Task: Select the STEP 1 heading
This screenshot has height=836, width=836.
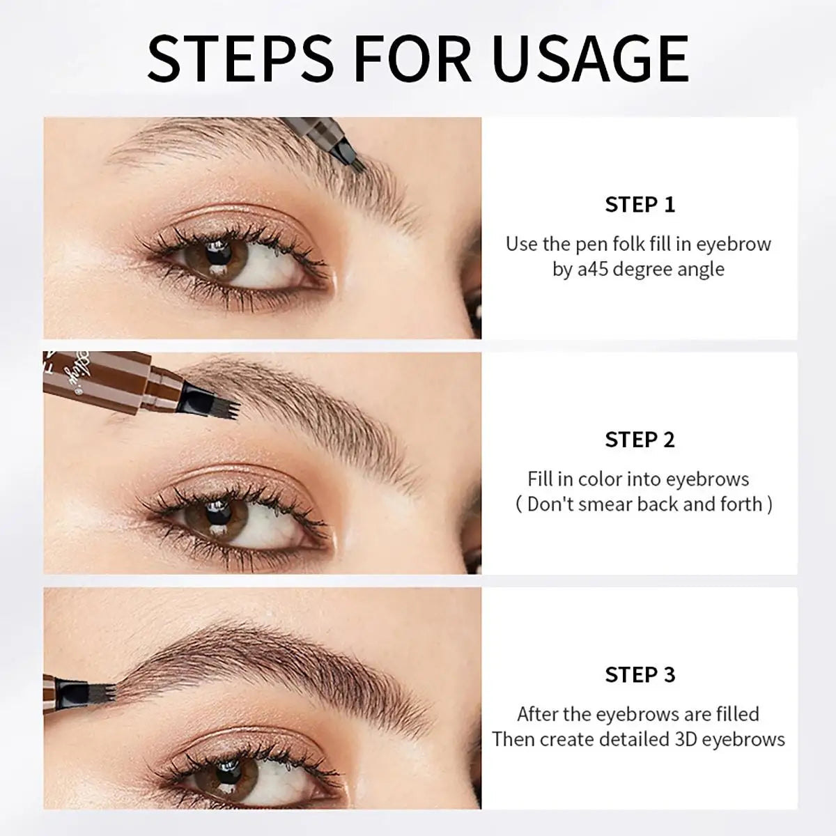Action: click(x=640, y=205)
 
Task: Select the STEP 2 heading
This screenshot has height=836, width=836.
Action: click(x=640, y=440)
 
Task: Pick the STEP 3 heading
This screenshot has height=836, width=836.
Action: click(x=640, y=674)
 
